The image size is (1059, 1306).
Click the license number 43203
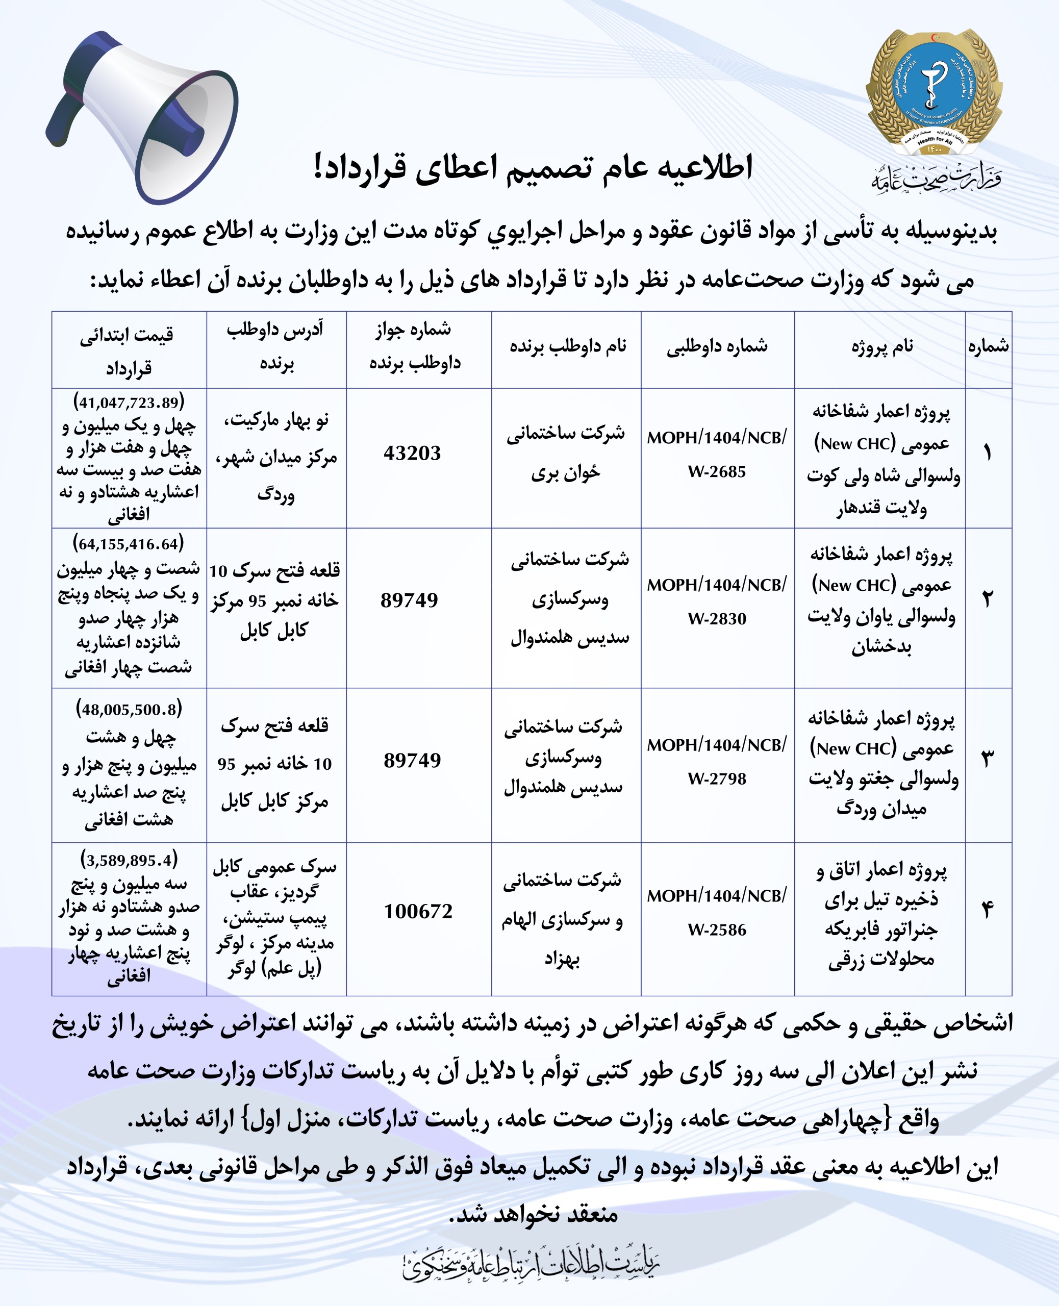coord(412,453)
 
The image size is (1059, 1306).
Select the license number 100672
coord(418,911)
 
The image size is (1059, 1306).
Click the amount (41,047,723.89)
coord(129,403)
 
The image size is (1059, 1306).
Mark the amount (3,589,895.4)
coord(129,860)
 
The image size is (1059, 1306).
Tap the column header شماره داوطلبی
coord(717,347)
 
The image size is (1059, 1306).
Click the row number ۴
coord(988,911)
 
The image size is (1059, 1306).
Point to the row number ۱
coord(988,453)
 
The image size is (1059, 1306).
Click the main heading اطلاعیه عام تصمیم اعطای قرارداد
coord(533,168)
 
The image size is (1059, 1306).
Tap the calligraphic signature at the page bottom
coord(531,1264)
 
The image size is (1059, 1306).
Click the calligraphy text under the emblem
coord(935,178)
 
